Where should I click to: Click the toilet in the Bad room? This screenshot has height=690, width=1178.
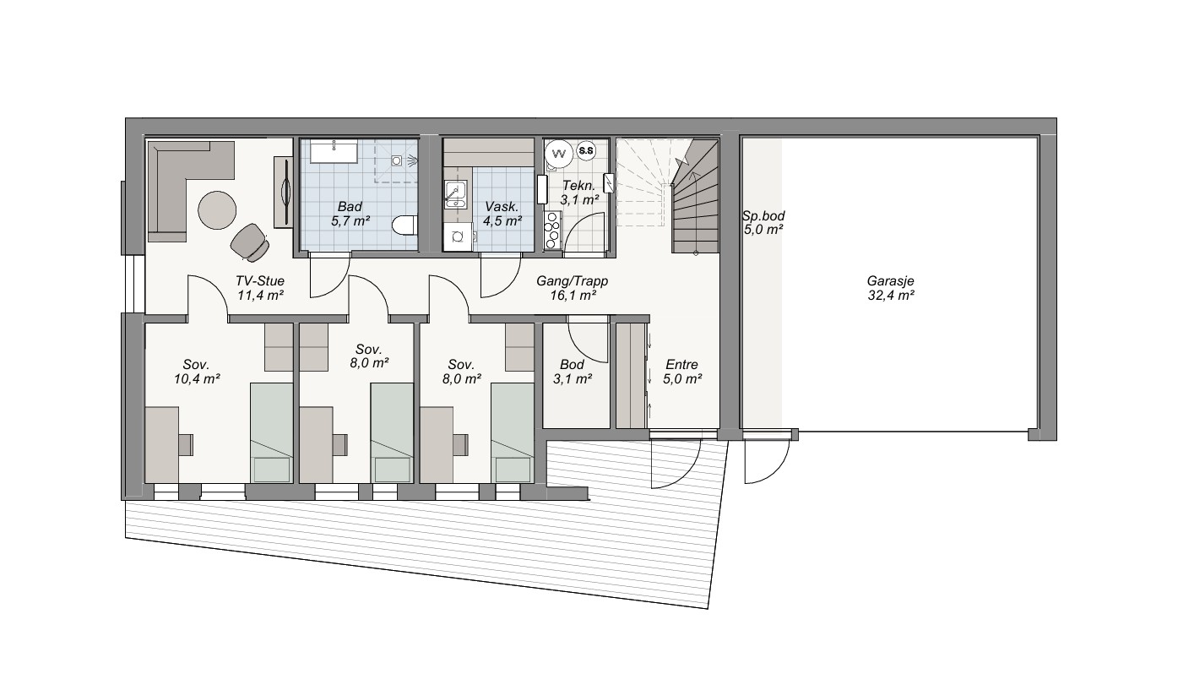click(404, 226)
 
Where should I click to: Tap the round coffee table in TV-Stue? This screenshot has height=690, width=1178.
click(217, 209)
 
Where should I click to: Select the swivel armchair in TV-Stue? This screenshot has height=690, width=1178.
click(250, 242)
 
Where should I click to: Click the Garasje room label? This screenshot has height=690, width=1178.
click(890, 288)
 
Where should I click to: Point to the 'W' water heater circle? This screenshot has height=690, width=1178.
click(559, 154)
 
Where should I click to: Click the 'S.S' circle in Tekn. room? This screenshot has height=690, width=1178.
click(586, 151)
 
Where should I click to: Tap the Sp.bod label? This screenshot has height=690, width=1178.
click(763, 222)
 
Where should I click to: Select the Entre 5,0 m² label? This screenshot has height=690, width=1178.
click(682, 372)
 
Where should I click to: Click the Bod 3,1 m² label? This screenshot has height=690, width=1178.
click(573, 372)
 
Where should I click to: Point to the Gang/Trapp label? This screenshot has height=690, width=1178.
click(573, 288)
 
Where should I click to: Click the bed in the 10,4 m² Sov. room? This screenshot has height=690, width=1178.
click(271, 432)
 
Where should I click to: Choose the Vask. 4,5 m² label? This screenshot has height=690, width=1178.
click(502, 214)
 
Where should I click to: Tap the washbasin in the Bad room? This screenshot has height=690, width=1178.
click(334, 151)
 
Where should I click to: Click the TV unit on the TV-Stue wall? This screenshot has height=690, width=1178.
click(284, 193)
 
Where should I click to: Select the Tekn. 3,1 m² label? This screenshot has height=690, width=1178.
click(579, 193)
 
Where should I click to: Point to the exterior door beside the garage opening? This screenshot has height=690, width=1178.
click(766, 458)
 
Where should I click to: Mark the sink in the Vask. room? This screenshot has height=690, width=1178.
click(455, 194)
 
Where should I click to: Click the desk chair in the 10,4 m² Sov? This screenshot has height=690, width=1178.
click(186, 444)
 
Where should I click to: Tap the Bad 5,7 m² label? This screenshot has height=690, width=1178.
click(350, 214)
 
